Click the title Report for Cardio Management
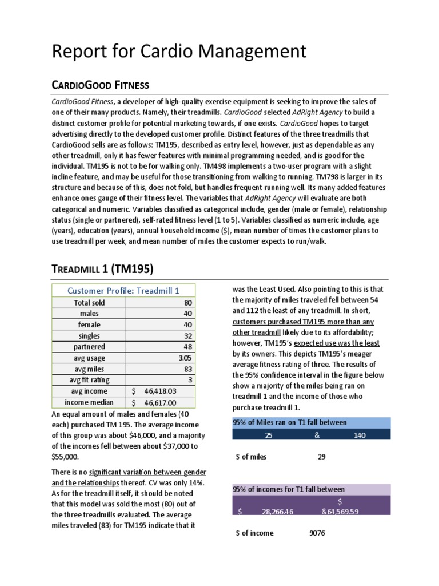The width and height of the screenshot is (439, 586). coord(179,51)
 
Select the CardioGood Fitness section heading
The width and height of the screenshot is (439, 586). coord(101,85)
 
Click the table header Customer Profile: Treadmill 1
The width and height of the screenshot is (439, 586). coord(124,290)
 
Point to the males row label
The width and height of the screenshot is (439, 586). coord(89,314)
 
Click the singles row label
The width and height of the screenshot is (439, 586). coord(89,336)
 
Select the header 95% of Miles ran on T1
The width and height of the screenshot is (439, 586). coord(289,422)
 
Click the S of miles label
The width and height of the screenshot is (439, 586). coord(251,457)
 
